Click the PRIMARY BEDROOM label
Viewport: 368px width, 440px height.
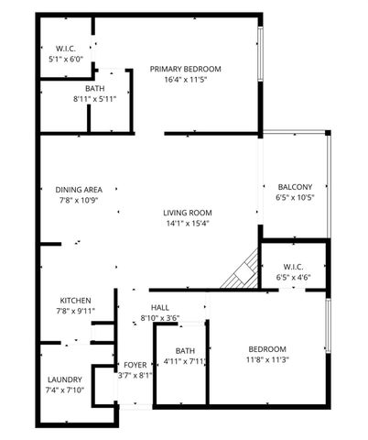[x=186, y=69]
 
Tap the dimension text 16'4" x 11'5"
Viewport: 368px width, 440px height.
[x=186, y=81]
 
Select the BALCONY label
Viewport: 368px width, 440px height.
[x=294, y=186]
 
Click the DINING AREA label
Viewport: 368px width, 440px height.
[x=78, y=189]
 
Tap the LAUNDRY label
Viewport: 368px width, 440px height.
[x=64, y=379]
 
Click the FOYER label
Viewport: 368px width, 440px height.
[x=135, y=365]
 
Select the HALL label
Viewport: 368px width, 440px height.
[x=160, y=308]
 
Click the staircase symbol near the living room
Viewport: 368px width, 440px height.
[x=244, y=270]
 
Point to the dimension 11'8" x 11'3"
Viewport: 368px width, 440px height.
[x=267, y=360]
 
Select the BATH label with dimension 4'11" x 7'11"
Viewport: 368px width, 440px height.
[x=186, y=350]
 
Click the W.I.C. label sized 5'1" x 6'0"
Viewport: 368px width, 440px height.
[x=65, y=48]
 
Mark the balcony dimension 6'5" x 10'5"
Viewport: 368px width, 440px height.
[x=294, y=197]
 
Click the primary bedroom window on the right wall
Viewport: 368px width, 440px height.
[x=261, y=58]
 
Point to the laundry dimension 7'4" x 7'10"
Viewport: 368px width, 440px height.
[x=64, y=390]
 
